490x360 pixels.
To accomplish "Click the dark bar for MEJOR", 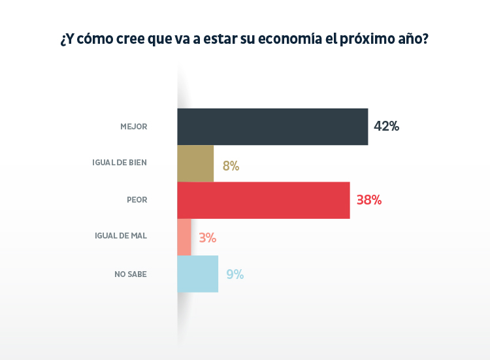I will (x=272, y=126).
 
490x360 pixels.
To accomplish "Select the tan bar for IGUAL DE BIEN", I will (x=195, y=163).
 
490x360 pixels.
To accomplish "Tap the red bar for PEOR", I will (x=263, y=200).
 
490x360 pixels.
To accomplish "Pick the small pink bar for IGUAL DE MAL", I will (x=184, y=237).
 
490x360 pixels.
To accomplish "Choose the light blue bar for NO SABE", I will (x=197, y=274).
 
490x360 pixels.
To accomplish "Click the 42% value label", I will (x=386, y=126).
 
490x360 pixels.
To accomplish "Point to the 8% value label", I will (x=231, y=166).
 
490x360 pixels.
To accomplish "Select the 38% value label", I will (x=369, y=200).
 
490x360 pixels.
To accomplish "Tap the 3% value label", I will (x=208, y=238).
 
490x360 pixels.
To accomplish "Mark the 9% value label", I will (x=235, y=274).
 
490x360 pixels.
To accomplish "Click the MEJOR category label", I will (x=134, y=127).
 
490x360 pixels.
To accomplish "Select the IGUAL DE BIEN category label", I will (x=120, y=163).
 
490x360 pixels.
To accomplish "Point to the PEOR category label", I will (x=137, y=200).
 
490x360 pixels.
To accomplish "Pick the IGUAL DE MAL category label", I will (x=121, y=237).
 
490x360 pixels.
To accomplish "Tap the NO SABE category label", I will (x=131, y=274).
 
